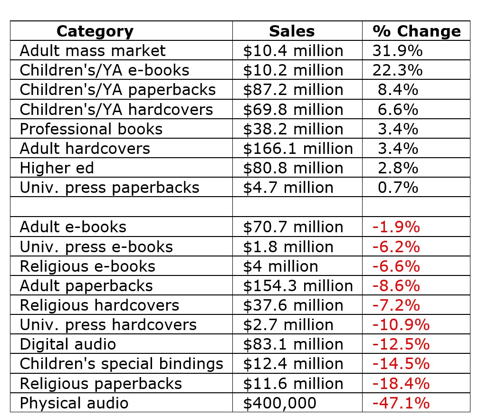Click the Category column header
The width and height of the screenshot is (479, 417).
click(95, 31)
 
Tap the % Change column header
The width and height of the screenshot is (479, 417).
click(416, 31)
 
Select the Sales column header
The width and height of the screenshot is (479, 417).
click(291, 31)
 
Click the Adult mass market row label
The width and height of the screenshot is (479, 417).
click(93, 50)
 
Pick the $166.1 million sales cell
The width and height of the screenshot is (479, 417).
click(298, 148)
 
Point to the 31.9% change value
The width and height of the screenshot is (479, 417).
click(397, 50)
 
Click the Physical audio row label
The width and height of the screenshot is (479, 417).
click(74, 403)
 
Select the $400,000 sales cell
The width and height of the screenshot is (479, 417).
click(279, 403)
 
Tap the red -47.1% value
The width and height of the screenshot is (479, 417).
click(401, 403)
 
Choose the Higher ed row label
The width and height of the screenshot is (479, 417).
click(57, 168)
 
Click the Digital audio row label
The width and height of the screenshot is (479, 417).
click(68, 344)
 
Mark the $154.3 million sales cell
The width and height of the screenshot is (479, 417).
click(298, 285)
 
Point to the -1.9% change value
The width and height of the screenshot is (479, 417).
click(396, 227)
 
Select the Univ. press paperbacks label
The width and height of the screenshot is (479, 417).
click(109, 188)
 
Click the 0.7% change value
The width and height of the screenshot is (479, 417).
click(398, 188)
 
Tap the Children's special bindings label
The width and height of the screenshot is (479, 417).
click(121, 364)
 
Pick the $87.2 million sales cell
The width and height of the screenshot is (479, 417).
click(293, 90)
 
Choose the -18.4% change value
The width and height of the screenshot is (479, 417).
click(401, 383)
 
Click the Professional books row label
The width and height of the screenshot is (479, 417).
click(91, 129)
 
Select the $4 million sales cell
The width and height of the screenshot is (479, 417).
click(280, 266)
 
